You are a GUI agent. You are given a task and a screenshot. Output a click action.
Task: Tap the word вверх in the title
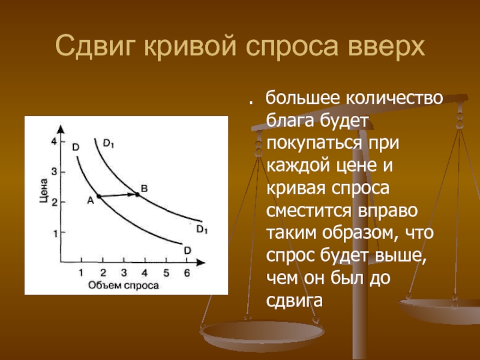pos(386,46)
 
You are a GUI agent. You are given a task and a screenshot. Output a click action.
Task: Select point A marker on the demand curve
pos(99,196)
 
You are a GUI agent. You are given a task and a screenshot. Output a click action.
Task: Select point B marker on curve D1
pos(137,194)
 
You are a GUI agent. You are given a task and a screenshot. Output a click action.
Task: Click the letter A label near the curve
pos(91,200)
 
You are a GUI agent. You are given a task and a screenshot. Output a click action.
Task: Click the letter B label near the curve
pos(144,188)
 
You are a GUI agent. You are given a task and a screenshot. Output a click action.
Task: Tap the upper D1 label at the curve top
pos(109,143)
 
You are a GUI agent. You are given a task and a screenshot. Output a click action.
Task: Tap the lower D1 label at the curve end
pos(202,229)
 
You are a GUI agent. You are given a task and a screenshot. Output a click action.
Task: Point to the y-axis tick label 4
pos(54,142)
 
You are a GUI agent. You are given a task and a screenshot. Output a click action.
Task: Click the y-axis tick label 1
pos(55,234)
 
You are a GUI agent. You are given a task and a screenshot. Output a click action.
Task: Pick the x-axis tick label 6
pos(187,272)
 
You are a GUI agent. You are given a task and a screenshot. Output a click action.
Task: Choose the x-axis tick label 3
pos(124,272)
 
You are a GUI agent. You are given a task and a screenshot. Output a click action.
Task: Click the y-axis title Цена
pos(44,190)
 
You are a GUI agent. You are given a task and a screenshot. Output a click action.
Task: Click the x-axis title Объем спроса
pos(124,286)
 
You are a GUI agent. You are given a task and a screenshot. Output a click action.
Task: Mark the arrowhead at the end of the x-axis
pos(200,262)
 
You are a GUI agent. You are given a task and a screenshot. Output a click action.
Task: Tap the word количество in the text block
pos(394,98)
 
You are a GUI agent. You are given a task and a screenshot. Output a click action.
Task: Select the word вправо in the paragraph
pos(388,211)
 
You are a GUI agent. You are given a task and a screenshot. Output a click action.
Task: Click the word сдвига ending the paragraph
pos(295,301)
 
